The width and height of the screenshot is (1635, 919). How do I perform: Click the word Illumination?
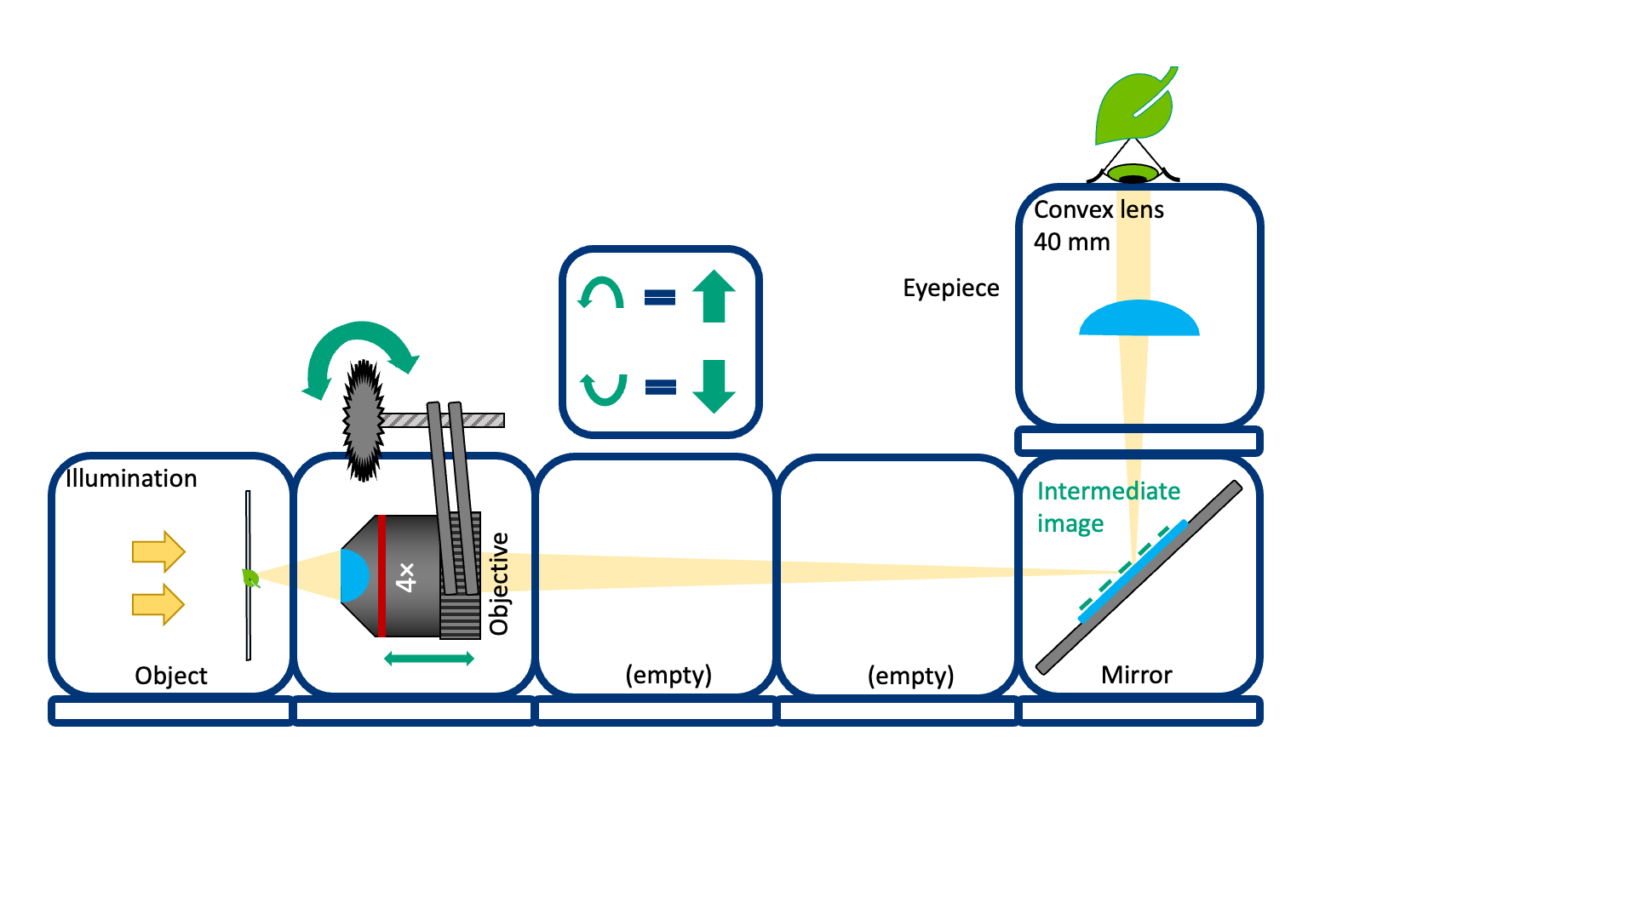click(x=131, y=478)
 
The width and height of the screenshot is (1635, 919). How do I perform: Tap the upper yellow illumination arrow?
click(x=158, y=551)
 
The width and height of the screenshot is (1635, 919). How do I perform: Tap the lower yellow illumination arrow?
click(x=158, y=605)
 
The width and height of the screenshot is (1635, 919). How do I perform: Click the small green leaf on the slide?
click(x=250, y=579)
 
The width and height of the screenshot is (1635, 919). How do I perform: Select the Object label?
click(x=170, y=676)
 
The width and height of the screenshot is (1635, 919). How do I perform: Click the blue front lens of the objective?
click(x=353, y=576)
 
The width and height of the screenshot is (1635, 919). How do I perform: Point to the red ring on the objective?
click(x=381, y=576)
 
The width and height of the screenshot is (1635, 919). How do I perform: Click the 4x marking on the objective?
click(x=406, y=576)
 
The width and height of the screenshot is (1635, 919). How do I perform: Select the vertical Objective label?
click(x=499, y=584)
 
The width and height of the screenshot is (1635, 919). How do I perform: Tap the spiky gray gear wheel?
click(x=364, y=420)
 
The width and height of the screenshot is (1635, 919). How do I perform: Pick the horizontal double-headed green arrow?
click(x=429, y=659)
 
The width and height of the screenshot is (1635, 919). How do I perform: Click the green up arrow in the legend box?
click(x=714, y=296)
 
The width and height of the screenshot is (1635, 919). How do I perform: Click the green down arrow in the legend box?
click(x=714, y=386)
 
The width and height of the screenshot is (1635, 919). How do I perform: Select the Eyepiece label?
click(x=950, y=288)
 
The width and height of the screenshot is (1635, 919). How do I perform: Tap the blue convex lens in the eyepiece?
click(x=1139, y=319)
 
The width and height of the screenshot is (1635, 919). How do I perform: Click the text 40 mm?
click(x=1071, y=243)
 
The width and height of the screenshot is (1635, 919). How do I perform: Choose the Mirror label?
click(x=1136, y=676)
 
